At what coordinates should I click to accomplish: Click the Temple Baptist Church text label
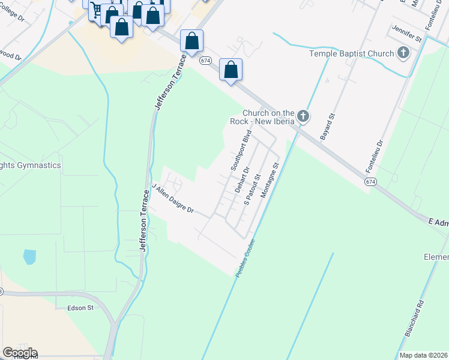(351, 53)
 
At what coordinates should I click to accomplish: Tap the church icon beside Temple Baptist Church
(403, 53)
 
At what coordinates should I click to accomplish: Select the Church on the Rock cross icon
(304, 116)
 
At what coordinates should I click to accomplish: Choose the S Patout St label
(252, 190)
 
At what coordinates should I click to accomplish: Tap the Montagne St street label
(270, 182)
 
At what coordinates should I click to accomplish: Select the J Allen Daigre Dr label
(173, 199)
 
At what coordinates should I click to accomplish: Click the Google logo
(19, 353)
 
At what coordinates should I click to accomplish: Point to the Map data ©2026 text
(424, 355)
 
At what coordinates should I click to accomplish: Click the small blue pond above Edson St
(29, 257)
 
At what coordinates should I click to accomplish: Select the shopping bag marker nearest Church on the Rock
(231, 70)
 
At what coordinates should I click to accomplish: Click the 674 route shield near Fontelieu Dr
(370, 181)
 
